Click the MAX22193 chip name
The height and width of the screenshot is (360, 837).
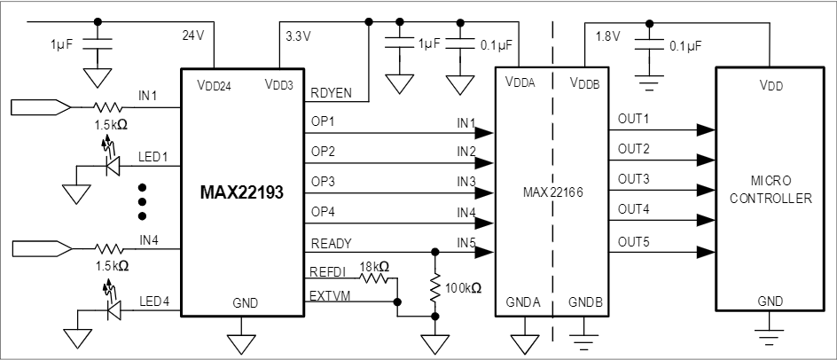pyautogui.click(x=241, y=192)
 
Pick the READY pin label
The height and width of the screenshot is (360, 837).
pyautogui.click(x=331, y=243)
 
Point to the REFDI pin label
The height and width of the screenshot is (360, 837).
pyautogui.click(x=329, y=274)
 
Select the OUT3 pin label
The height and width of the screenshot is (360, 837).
pyautogui.click(x=633, y=179)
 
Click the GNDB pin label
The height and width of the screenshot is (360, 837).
pyautogui.click(x=586, y=302)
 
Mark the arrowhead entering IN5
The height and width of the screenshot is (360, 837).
pyautogui.click(x=484, y=252)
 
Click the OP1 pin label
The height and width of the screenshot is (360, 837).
pyautogui.click(x=323, y=120)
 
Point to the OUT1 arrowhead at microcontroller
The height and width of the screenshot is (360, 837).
pyautogui.click(x=705, y=129)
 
